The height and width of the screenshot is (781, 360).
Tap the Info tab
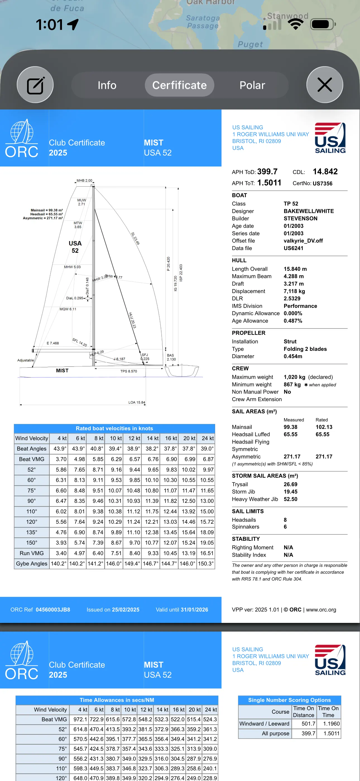click(107, 85)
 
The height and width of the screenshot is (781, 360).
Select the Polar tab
click(252, 85)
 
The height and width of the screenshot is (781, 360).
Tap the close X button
click(325, 85)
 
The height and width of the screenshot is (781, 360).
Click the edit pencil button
click(35, 85)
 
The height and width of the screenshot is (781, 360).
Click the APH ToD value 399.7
click(267, 172)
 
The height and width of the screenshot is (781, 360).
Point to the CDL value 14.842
click(325, 172)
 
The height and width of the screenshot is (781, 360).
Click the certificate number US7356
click(322, 184)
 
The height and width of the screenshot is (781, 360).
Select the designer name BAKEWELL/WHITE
click(308, 211)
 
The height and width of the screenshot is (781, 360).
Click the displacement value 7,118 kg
click(294, 291)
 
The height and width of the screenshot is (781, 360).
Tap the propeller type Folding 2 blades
click(305, 349)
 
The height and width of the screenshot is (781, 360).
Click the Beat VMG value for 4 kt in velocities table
click(61, 459)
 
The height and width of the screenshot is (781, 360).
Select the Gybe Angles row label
click(32, 564)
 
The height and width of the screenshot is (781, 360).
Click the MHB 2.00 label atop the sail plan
click(84, 180)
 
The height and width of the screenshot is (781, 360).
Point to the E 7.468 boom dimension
click(53, 343)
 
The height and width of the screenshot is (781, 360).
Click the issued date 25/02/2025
click(126, 610)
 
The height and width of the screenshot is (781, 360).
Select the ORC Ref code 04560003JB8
click(53, 610)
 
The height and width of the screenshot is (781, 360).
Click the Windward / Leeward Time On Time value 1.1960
click(331, 724)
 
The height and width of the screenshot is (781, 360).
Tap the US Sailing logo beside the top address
click(330, 138)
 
